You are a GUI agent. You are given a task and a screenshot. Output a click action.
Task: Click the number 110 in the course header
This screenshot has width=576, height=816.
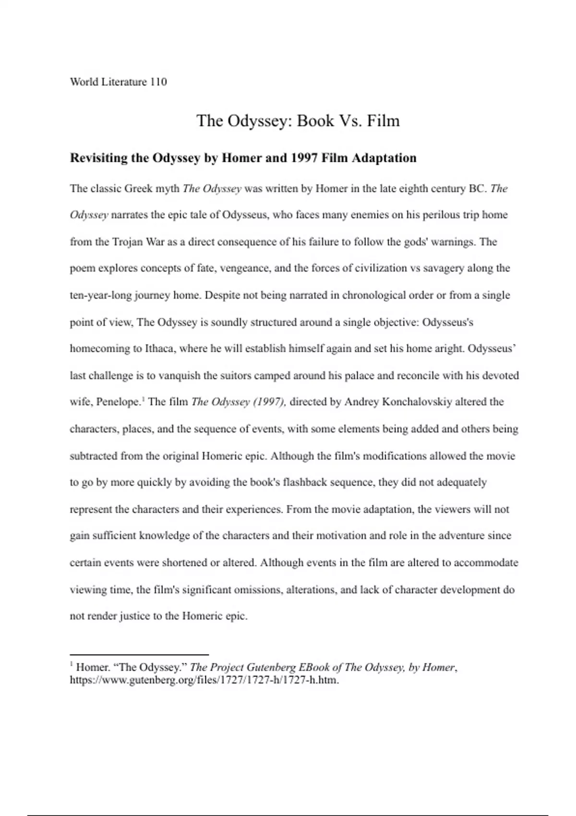[158, 82]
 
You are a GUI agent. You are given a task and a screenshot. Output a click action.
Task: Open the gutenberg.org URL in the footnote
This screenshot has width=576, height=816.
[204, 680]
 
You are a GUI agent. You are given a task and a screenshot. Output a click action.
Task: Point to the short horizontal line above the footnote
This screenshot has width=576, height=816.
[139, 654]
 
